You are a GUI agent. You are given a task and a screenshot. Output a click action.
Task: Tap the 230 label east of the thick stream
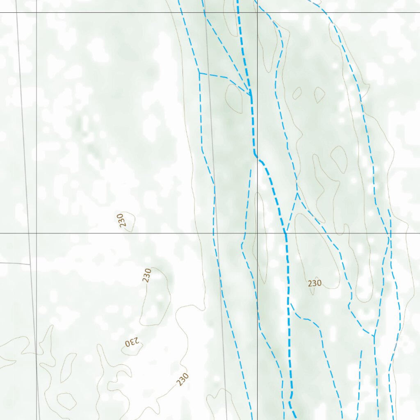(315, 283)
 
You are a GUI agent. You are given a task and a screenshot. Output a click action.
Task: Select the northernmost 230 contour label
(121, 221)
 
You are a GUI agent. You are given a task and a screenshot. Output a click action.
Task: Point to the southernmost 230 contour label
(183, 379)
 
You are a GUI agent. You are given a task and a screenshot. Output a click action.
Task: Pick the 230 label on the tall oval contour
(147, 275)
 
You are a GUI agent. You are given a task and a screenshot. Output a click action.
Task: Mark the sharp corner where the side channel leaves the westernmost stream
(199, 74)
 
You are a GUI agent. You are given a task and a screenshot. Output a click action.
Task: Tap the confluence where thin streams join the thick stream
(251, 94)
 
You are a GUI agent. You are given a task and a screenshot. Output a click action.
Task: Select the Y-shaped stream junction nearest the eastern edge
(374, 336)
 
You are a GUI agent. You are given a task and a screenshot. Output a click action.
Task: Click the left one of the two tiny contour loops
(297, 93)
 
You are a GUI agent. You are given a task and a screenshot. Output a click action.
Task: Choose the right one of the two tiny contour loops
(320, 95)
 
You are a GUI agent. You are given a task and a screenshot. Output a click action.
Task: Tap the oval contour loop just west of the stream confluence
(234, 98)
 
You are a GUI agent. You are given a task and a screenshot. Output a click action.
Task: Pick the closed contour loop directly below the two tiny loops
(339, 159)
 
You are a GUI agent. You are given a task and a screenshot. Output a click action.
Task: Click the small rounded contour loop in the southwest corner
(66, 401)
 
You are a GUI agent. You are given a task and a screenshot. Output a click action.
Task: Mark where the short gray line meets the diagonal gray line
(30, 264)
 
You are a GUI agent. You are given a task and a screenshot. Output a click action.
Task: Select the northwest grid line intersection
(37, 13)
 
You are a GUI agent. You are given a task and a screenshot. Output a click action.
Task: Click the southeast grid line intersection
(257, 233)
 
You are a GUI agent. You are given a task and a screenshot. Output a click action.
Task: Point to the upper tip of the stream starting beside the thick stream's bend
(251, 169)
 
